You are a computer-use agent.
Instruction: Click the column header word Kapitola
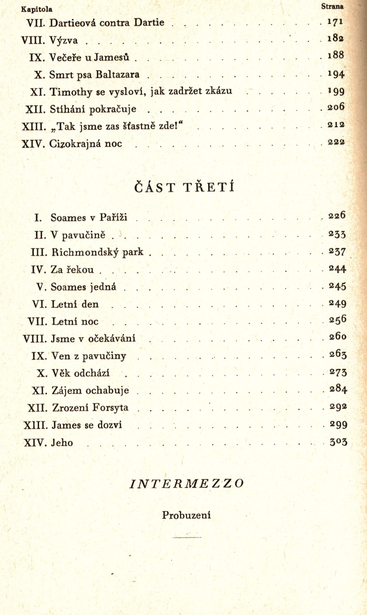(37, 9)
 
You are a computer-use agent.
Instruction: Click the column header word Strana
(332, 7)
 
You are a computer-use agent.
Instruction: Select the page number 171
(335, 22)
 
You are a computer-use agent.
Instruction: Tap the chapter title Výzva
(64, 41)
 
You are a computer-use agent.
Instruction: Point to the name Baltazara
(117, 75)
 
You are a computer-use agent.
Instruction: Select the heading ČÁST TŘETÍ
(184, 187)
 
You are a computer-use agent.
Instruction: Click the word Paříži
(113, 217)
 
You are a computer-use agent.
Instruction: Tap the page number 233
(337, 234)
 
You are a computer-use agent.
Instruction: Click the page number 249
(337, 304)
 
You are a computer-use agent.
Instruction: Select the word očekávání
(112, 339)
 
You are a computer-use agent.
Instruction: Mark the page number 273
(338, 373)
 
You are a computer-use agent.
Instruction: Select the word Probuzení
(186, 515)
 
